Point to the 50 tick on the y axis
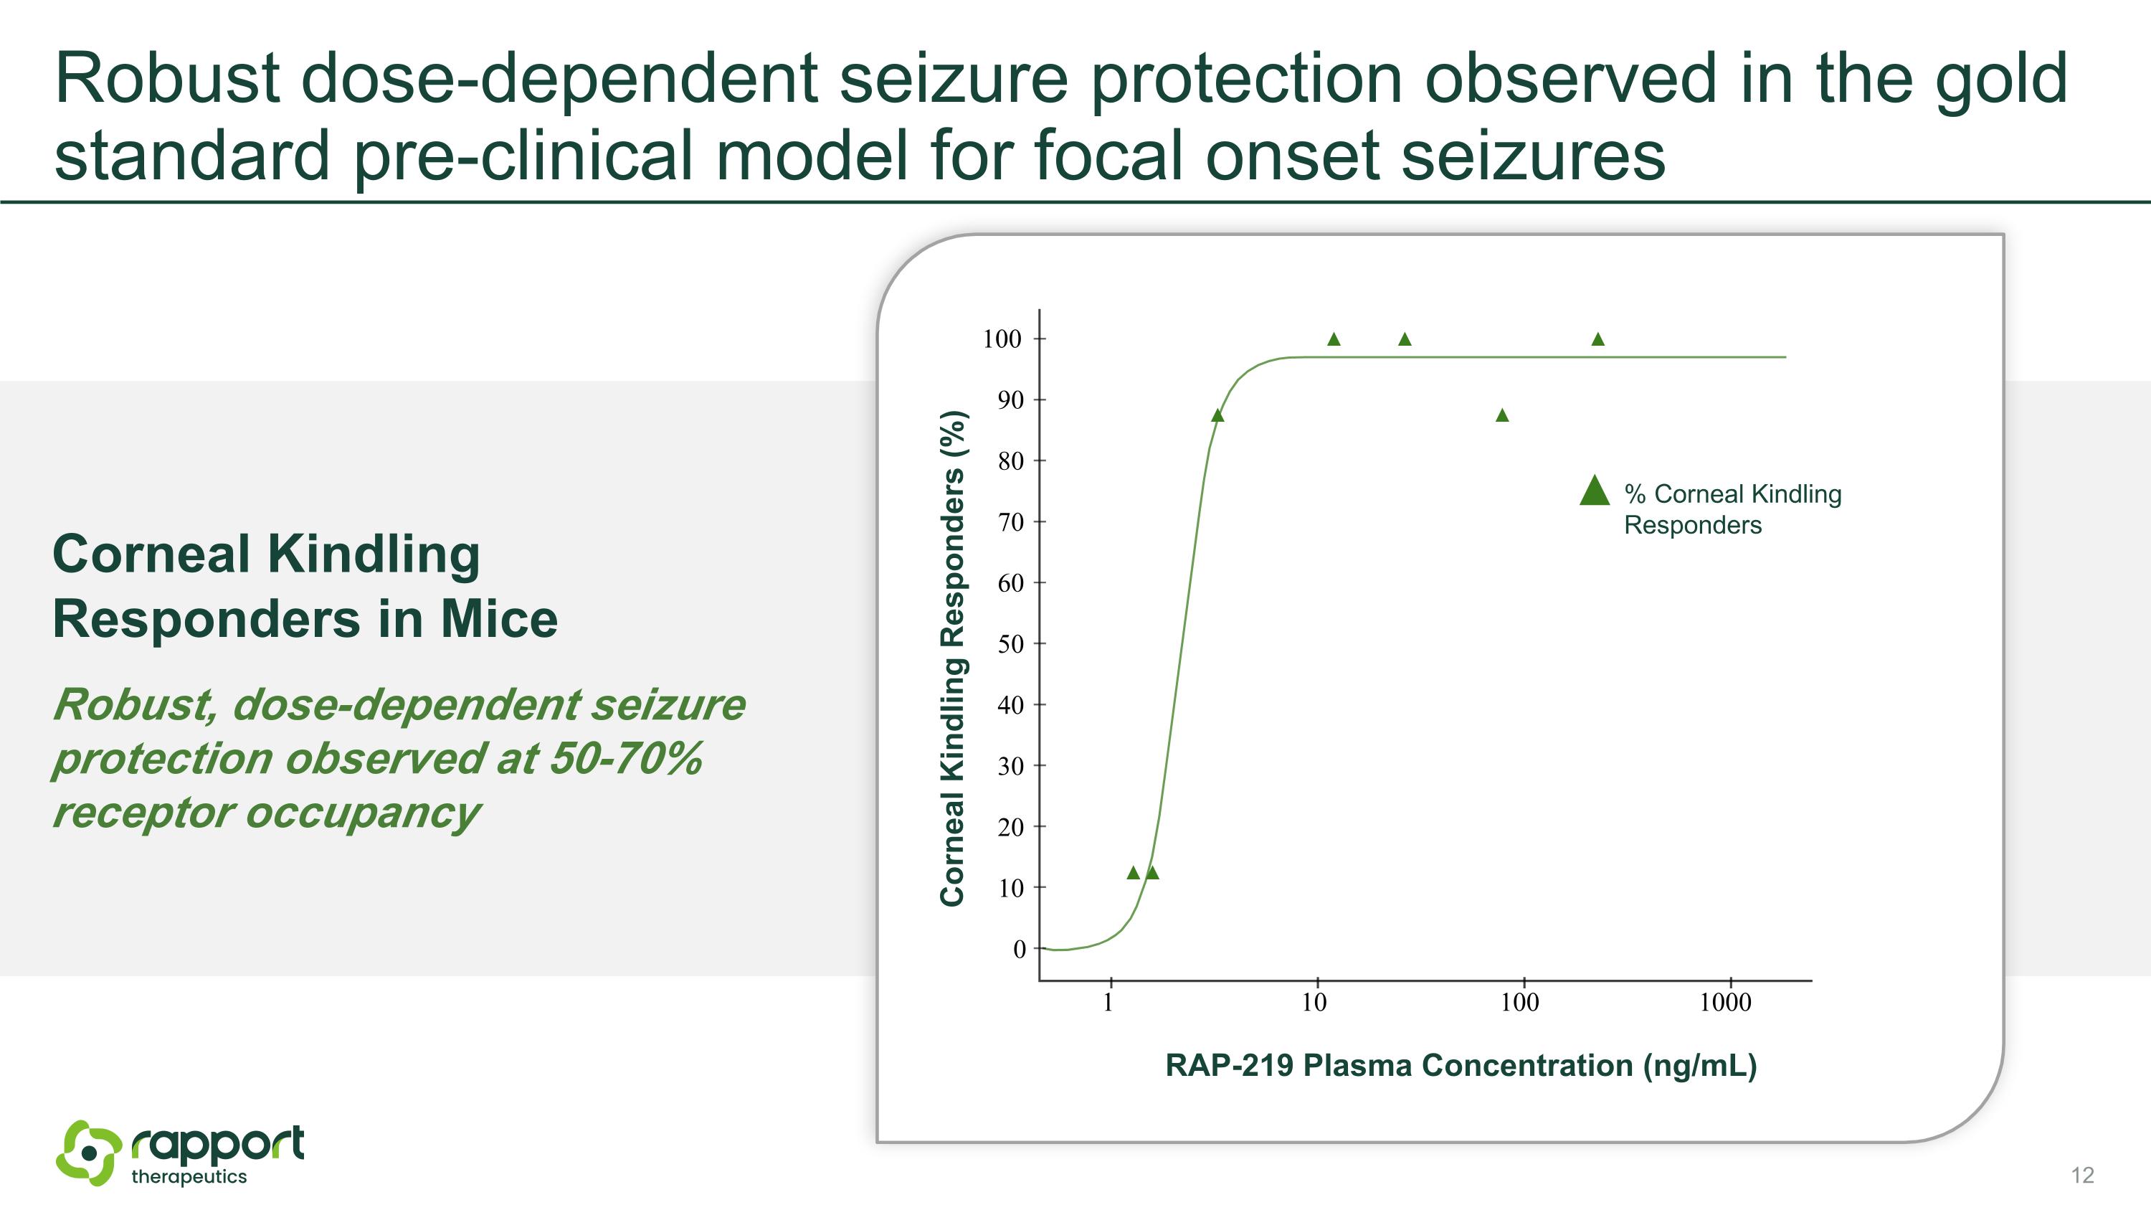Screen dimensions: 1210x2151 point(1010,644)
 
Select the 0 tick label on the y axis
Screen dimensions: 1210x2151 point(1019,950)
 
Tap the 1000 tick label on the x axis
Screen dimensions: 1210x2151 point(1725,1002)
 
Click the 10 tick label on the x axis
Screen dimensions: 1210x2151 point(1314,1002)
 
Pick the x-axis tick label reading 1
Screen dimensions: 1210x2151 point(1108,1002)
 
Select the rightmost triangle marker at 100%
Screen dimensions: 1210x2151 point(1598,340)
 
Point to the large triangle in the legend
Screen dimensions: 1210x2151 point(1595,492)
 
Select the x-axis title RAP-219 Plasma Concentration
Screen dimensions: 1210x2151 point(1461,1067)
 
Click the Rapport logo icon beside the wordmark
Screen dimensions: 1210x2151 point(87,1153)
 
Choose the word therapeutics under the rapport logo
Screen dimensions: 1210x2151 point(189,1178)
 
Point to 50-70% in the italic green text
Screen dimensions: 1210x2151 point(625,759)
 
